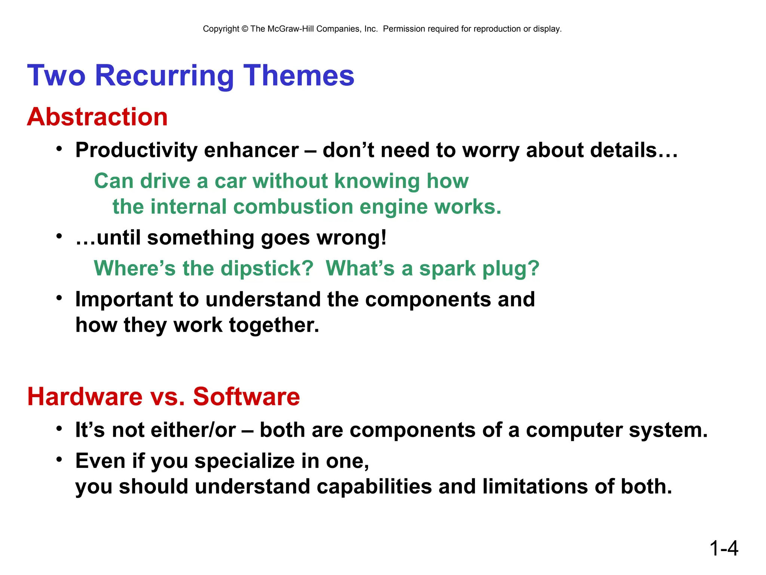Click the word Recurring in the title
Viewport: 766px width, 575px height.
(164, 76)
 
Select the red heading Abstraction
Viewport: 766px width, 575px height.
(97, 117)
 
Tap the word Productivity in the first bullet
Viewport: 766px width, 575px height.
(137, 150)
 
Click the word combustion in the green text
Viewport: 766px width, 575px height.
(293, 207)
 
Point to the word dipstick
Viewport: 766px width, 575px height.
(267, 268)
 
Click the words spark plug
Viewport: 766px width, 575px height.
(479, 268)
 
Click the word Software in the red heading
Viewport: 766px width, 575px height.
(246, 396)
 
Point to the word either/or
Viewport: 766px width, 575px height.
(193, 430)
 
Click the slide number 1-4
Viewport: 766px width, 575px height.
(723, 548)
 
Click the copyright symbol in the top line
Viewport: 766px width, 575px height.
(245, 29)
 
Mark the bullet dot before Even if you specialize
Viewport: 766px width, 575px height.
(59, 459)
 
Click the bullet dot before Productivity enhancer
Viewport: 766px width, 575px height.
(59, 149)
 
